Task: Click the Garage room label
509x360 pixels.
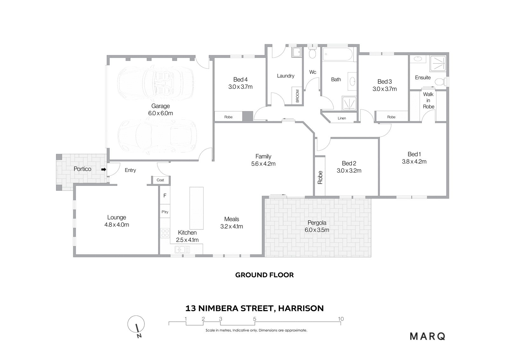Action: [161, 106]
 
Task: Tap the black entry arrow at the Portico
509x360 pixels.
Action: [104, 169]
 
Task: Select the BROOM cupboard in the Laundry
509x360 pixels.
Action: [297, 96]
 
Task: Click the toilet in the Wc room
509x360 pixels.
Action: [312, 53]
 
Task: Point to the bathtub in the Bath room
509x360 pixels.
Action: [338, 54]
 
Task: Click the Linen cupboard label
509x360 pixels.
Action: [342, 118]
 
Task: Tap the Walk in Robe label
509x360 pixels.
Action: [428, 100]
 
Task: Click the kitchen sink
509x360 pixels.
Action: [182, 250]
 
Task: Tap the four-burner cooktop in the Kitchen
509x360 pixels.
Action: [165, 233]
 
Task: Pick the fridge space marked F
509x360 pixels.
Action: [165, 195]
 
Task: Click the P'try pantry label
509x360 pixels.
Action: [165, 212]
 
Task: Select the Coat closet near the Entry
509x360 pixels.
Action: [160, 180]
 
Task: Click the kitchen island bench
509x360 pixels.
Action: [197, 208]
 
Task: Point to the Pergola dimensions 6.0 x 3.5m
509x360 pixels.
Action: [317, 230]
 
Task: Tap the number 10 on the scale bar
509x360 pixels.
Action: [341, 319]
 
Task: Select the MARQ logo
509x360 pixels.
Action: [428, 336]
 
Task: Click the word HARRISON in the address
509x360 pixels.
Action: [301, 308]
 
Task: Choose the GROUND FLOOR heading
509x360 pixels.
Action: [264, 275]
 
